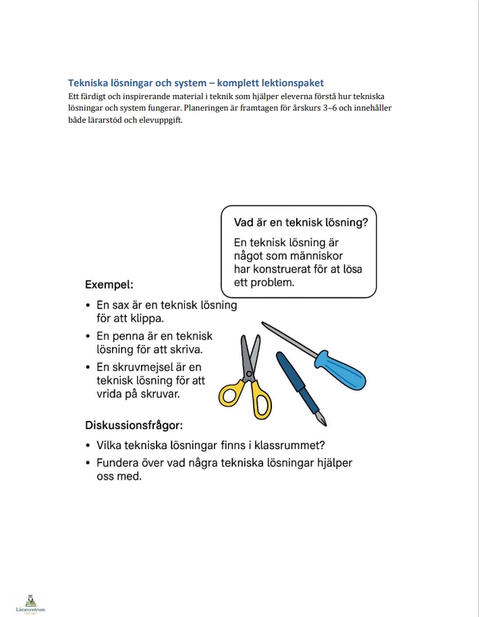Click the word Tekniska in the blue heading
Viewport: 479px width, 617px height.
[89, 83]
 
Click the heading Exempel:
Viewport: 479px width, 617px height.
[109, 285]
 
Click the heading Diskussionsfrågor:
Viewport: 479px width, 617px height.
[134, 425]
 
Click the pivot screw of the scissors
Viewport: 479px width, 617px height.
[249, 372]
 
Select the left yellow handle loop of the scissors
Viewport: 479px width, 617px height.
[231, 395]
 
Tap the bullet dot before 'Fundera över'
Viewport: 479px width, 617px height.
[89, 463]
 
